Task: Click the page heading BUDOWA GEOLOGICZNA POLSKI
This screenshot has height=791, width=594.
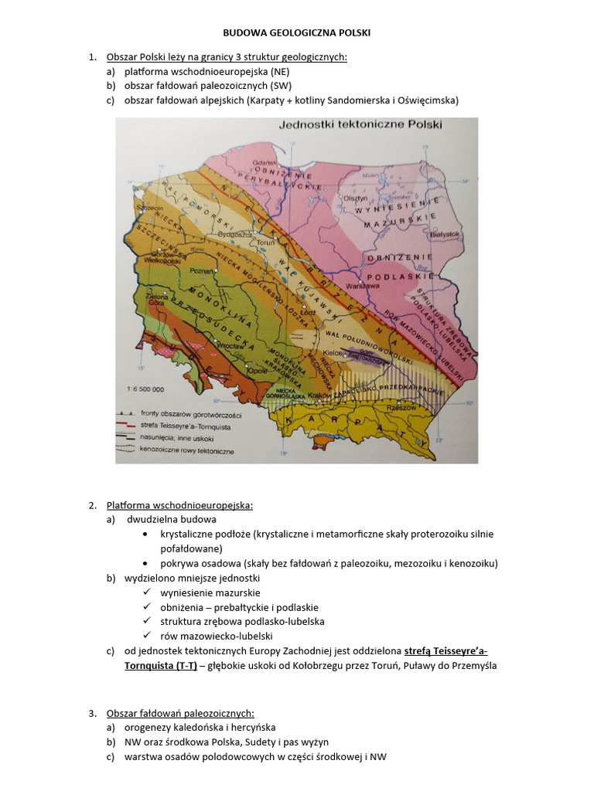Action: point(296,34)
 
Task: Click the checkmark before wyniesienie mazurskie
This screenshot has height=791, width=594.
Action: point(148,592)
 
